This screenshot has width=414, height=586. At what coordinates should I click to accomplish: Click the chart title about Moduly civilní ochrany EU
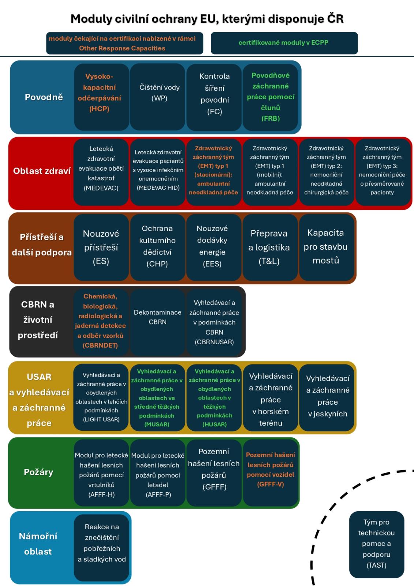click(207, 19)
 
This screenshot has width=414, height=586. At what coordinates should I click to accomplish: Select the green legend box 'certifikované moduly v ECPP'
click(284, 43)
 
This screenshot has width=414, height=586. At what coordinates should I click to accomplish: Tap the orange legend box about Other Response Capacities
click(124, 43)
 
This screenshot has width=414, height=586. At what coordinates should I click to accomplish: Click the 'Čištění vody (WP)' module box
click(158, 97)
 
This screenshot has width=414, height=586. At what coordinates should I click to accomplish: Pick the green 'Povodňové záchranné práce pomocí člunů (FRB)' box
click(270, 97)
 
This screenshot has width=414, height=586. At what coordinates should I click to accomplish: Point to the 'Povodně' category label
click(44, 97)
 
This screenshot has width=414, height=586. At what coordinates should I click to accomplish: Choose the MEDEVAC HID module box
click(158, 171)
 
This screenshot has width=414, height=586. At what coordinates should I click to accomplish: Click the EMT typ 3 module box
click(382, 171)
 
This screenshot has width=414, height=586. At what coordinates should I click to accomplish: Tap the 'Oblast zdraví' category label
click(42, 171)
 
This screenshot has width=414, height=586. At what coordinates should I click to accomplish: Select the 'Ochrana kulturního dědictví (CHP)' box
click(158, 247)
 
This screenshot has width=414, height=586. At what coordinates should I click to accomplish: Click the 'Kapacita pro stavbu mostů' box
click(326, 247)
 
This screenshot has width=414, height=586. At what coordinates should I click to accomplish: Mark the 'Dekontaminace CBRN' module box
click(158, 322)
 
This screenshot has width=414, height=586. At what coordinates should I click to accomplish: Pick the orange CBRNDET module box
click(101, 322)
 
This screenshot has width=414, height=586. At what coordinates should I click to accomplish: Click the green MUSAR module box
click(157, 398)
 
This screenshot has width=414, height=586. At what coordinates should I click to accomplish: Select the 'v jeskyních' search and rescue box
click(327, 398)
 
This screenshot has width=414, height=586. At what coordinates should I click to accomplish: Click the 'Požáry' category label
click(38, 472)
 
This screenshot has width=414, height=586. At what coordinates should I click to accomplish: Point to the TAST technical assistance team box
click(376, 544)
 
